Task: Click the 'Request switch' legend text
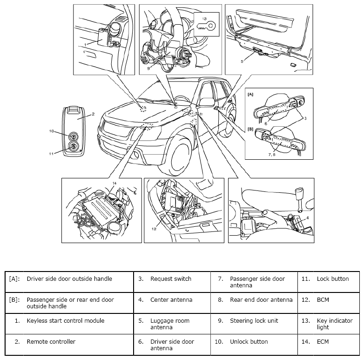pos(170,279)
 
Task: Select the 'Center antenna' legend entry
pos(171,299)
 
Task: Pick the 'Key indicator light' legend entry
pos(335,324)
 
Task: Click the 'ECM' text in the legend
pos(323,342)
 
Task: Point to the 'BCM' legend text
pos(323,299)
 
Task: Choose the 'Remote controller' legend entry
pos(51,342)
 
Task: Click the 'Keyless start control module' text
pos(65,321)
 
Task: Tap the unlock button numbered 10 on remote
pos(73,136)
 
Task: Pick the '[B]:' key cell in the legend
pos(14,299)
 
